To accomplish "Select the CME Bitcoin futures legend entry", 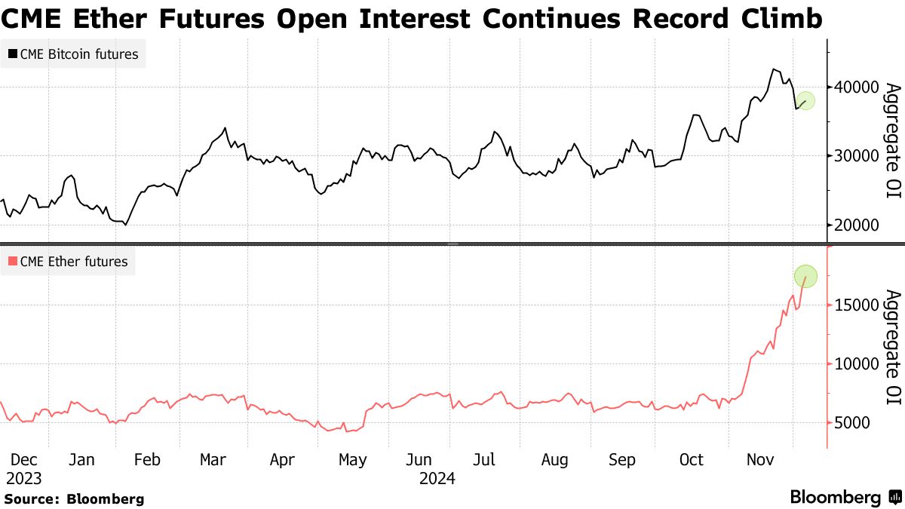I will pos(73,54).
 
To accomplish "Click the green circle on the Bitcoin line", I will pos(805,101).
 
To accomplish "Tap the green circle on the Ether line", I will pos(805,277).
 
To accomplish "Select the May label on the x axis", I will pos(352,460).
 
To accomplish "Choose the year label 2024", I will pos(437,478).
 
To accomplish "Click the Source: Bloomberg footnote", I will pos(74,498).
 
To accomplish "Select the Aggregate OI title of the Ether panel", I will pos(891,348).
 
